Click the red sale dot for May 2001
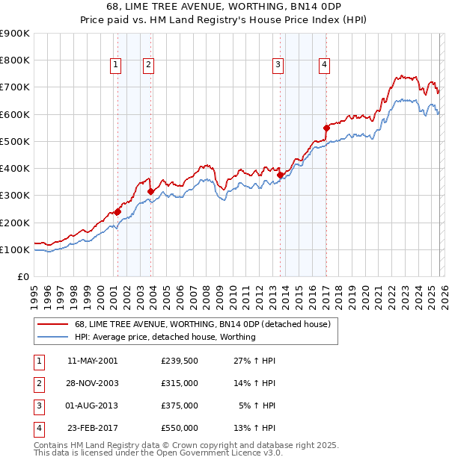coord(117,211)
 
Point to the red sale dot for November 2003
coord(151,191)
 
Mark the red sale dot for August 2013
coord(280,175)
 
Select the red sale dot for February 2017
coord(326,128)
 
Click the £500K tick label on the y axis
coord(14,141)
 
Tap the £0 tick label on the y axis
coord(22,276)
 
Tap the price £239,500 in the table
coord(179,360)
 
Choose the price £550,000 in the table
coord(179,428)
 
